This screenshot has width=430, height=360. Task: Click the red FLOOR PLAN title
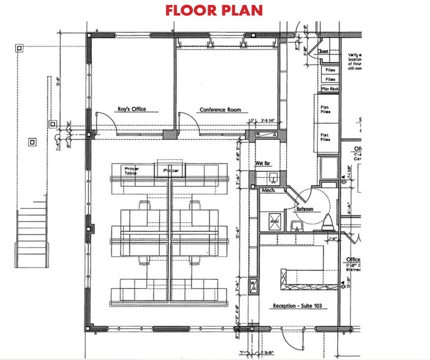[x=214, y=10]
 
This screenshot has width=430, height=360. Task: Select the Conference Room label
[x=219, y=110]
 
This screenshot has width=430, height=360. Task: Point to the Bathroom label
[x=304, y=209]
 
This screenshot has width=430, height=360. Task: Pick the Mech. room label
[x=267, y=190]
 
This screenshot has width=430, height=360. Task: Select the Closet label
[x=323, y=52]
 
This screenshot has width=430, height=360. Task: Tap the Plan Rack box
[x=330, y=89]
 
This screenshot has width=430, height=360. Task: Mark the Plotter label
[x=171, y=171]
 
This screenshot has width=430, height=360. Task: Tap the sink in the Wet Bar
[x=273, y=178]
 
